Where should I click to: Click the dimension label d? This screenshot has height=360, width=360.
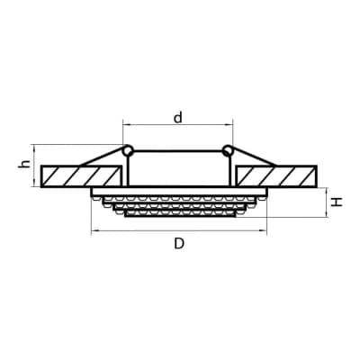[178, 118]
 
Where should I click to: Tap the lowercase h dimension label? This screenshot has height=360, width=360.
[24, 164]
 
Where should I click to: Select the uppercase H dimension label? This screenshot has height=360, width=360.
[337, 202]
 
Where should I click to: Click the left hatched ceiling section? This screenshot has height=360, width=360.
[81, 176]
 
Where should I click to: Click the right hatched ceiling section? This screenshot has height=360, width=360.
[276, 176]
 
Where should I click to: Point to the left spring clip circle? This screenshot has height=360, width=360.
[129, 150]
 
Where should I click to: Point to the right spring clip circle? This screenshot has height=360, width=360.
[228, 150]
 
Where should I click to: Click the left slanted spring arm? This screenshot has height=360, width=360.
[103, 157]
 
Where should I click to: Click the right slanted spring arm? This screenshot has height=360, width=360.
[253, 157]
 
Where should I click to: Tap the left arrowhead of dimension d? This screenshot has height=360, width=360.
[125, 124]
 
